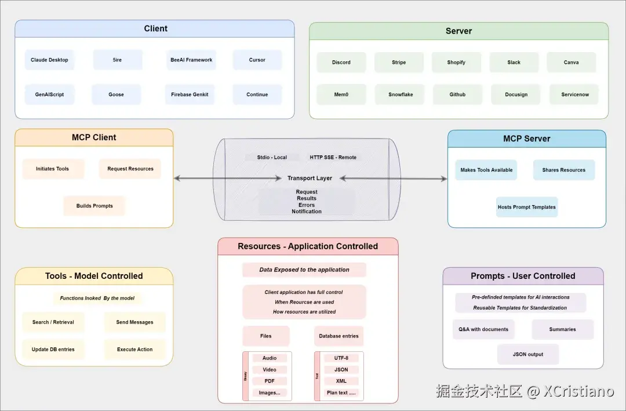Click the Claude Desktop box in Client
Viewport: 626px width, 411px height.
coord(49,60)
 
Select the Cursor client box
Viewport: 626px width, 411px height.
coord(257,60)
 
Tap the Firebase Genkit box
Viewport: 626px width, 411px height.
coord(190,94)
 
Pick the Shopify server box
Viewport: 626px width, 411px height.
coord(456,63)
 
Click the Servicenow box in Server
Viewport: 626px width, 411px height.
coord(574,94)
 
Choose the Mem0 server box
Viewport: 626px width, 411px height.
coord(341,94)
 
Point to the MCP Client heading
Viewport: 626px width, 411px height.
coord(94,137)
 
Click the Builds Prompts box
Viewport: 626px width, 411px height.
coord(94,206)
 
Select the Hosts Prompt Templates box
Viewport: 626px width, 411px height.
coord(526,207)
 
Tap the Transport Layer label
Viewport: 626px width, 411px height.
coord(310,178)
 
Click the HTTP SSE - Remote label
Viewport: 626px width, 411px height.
coord(333,157)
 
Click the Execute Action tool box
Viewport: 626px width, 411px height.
coord(134,350)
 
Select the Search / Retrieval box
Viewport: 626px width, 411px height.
coord(53,322)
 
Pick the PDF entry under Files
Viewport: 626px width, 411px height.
coord(270,381)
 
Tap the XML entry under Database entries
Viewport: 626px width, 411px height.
coord(341,381)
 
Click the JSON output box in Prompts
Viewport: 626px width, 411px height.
coord(528,354)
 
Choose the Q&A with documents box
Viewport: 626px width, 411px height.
coord(483,329)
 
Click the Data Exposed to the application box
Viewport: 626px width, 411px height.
coord(304,270)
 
